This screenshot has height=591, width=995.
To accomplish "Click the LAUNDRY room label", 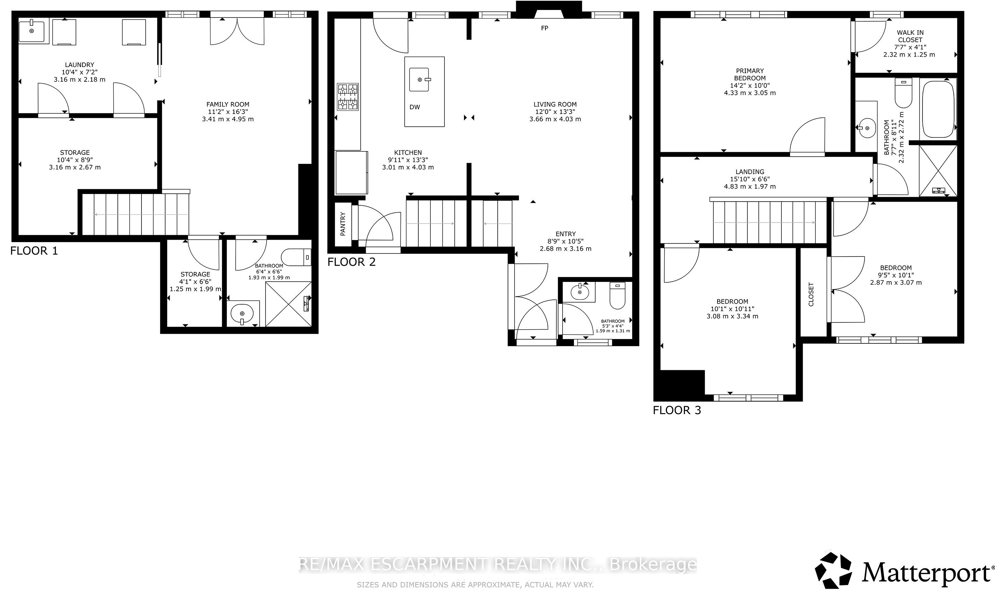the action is pyautogui.click(x=80, y=65).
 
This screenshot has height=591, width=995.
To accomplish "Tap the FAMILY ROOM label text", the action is pyautogui.click(x=228, y=104).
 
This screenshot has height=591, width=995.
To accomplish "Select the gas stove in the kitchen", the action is pyautogui.click(x=348, y=96).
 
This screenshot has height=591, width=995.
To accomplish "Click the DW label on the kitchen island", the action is pyautogui.click(x=415, y=107).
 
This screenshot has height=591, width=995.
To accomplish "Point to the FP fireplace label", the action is pyautogui.click(x=544, y=28).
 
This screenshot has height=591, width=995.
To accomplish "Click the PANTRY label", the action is pyautogui.click(x=343, y=224).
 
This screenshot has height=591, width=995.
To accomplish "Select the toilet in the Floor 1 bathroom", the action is pyautogui.click(x=296, y=257).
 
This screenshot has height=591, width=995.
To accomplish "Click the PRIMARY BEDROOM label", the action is pyautogui.click(x=750, y=75).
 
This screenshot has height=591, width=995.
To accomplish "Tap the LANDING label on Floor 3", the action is pyautogui.click(x=750, y=172).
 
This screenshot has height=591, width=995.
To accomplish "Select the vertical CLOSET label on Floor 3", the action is pyautogui.click(x=811, y=294).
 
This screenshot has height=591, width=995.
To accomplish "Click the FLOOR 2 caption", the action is pyautogui.click(x=351, y=262).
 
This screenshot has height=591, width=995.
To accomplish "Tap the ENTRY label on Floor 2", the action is pyautogui.click(x=566, y=234).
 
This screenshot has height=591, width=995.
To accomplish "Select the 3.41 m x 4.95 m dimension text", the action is pyautogui.click(x=228, y=119).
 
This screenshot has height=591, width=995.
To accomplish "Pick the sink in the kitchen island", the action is pyautogui.click(x=419, y=80).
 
